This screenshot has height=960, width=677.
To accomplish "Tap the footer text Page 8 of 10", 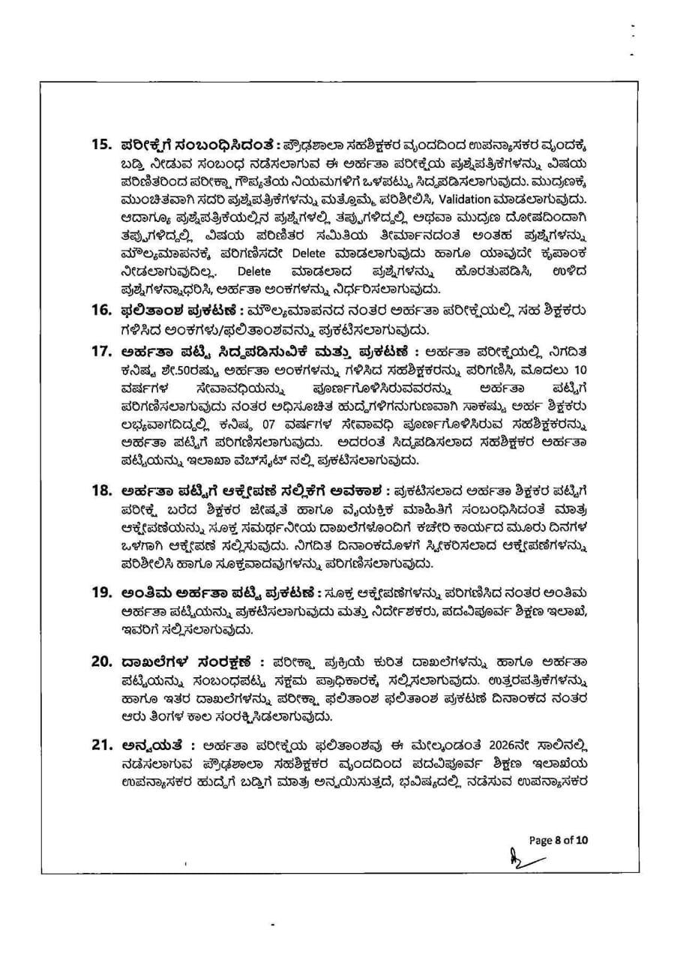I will tap(558, 840).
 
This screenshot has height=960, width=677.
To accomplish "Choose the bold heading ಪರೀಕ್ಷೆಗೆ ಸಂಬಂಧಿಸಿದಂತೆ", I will tap(194, 144).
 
